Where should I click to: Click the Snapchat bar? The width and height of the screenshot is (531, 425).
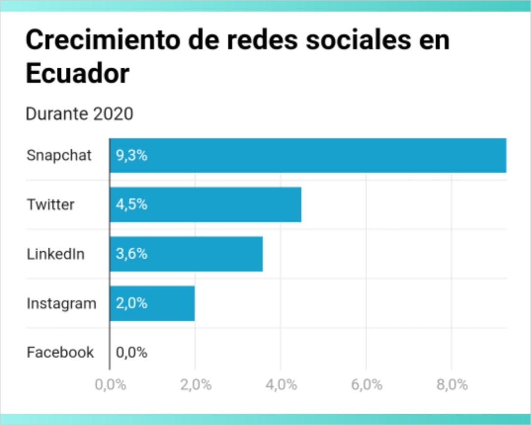point(308,156)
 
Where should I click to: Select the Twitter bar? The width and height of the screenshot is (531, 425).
point(205,205)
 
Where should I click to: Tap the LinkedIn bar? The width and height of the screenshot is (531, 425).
point(186,254)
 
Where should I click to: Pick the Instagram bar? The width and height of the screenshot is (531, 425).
point(152,304)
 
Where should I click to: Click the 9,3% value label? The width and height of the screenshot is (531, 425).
point(132,156)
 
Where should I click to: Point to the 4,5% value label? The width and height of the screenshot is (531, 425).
point(132,205)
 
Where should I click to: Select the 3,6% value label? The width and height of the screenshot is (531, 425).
point(132,254)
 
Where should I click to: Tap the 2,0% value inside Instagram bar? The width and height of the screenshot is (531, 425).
point(132,304)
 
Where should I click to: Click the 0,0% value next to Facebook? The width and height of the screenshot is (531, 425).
point(132,353)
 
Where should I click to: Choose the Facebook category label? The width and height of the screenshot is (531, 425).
point(60,352)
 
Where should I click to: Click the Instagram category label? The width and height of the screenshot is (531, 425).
point(61,304)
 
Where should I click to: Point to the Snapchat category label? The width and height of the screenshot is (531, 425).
point(59,156)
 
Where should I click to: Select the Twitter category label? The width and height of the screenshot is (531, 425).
point(51,205)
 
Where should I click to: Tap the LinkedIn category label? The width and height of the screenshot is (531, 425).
point(55,254)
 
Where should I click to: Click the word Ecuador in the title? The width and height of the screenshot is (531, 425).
point(77,74)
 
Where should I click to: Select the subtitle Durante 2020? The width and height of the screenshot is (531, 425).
point(79,114)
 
